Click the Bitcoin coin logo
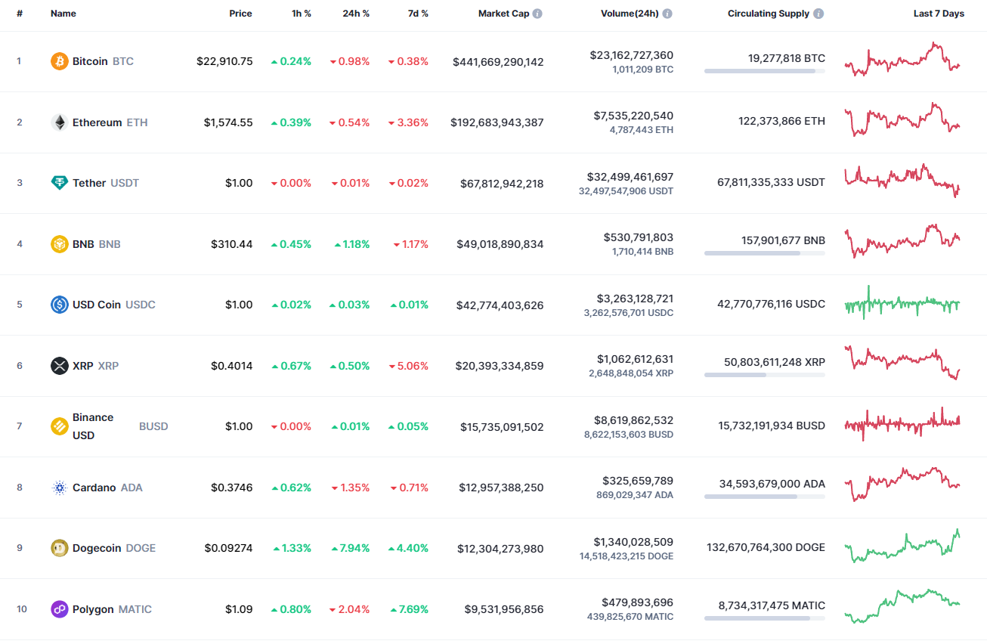59,61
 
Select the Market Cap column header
503,14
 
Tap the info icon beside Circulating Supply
818,14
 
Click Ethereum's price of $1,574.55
228,122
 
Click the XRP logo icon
59,366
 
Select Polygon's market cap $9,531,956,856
501,609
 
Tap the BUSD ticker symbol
153,426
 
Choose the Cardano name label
94,488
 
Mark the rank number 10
22,609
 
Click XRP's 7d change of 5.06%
408,366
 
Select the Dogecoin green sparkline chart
902,546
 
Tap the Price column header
240,14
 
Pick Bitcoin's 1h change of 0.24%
291,61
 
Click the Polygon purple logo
59,609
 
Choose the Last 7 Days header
938,14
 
